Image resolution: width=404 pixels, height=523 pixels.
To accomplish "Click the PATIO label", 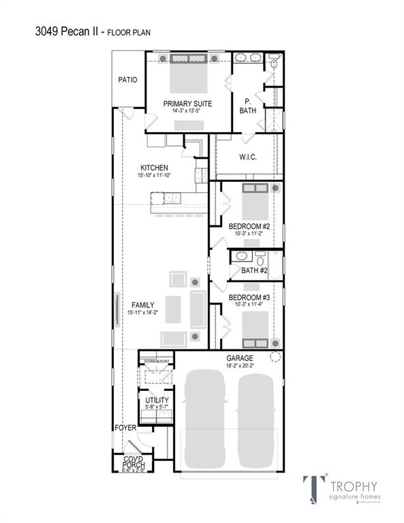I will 127,80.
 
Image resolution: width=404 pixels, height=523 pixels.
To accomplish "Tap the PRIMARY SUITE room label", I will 187,104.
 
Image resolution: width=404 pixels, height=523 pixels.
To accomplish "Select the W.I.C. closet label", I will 247,157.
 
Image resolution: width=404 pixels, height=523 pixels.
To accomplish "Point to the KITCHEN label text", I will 154,168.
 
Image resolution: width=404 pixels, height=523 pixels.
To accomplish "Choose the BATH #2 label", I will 253,271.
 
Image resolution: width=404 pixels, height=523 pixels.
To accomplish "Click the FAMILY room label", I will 143,305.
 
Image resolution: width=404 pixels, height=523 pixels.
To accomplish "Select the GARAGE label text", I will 240,358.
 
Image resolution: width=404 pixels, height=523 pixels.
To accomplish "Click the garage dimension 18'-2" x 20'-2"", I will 240,366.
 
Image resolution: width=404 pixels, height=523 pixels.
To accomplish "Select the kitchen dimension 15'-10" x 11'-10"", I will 154,175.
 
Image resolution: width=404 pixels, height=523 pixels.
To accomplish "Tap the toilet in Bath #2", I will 260,258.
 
